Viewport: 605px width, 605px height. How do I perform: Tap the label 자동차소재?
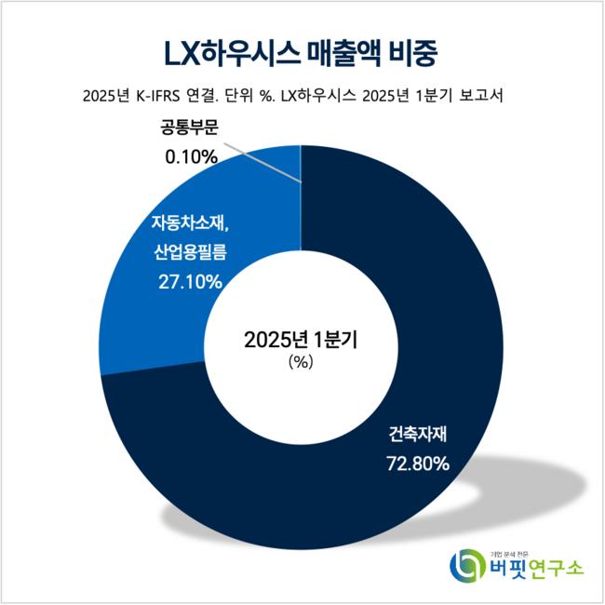pyautogui.click(x=190, y=222)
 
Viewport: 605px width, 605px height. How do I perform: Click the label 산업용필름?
pyautogui.click(x=190, y=251)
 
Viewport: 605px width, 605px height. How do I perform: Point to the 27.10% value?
pyautogui.click(x=190, y=280)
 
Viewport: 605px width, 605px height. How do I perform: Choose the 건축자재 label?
pyautogui.click(x=418, y=434)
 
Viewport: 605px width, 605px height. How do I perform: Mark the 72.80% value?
pyautogui.click(x=418, y=462)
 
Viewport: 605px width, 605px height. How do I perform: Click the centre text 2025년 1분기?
pyautogui.click(x=301, y=340)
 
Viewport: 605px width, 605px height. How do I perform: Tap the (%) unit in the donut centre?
pyautogui.click(x=301, y=364)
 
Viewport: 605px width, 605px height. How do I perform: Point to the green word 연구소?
pyautogui.click(x=558, y=566)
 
